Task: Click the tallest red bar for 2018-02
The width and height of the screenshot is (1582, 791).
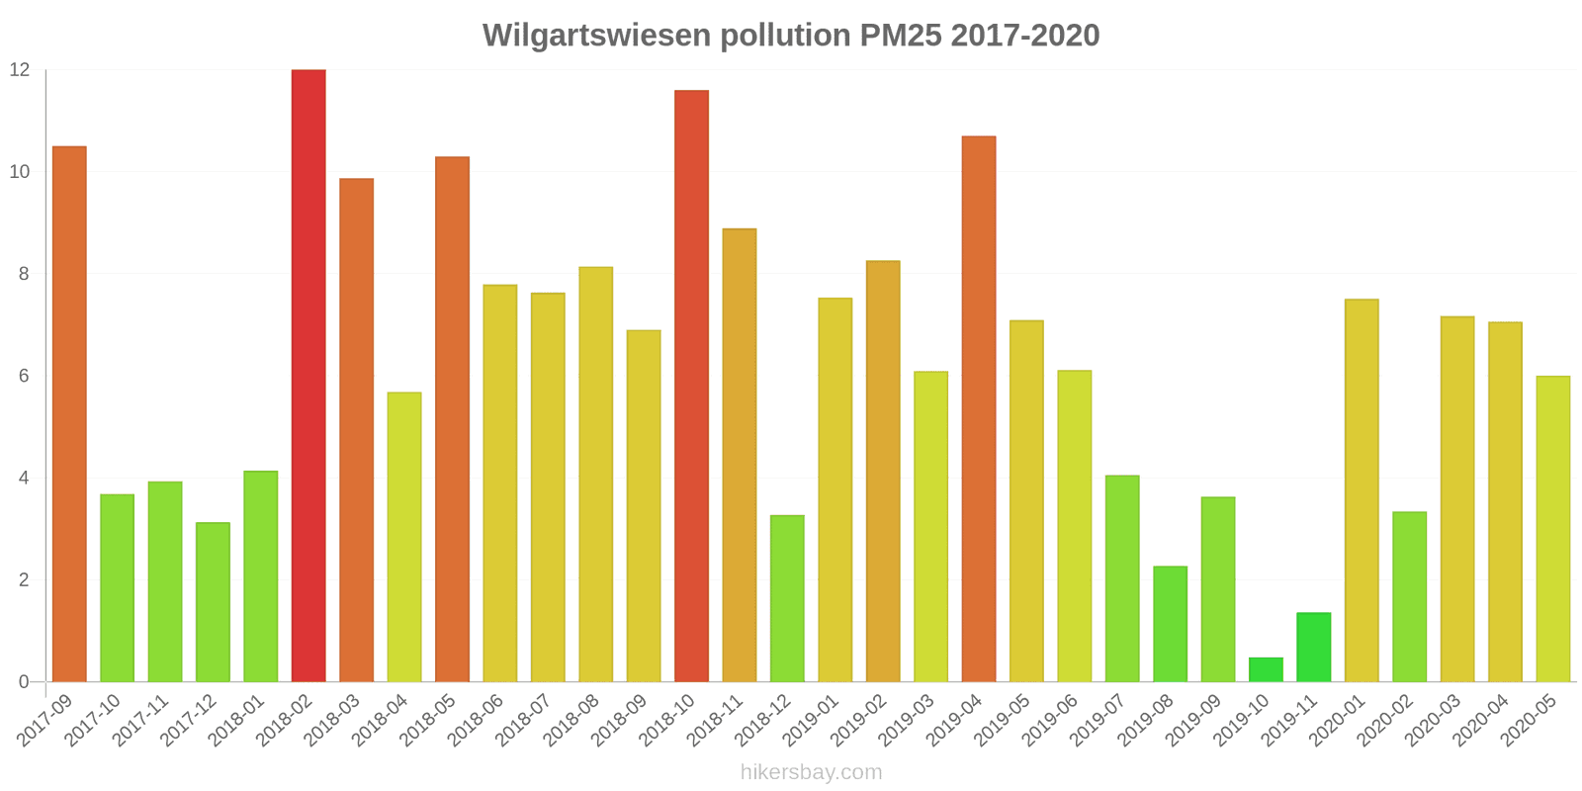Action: (x=308, y=376)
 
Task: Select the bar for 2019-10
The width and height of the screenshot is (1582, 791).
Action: (x=1266, y=670)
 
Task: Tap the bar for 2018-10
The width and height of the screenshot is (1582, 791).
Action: (x=691, y=386)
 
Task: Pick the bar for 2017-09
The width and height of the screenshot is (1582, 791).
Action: (x=69, y=414)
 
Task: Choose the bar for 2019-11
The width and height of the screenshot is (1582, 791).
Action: (x=1313, y=648)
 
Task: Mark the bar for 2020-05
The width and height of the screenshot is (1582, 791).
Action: (x=1552, y=529)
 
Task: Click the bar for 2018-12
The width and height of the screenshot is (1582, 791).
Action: (x=787, y=598)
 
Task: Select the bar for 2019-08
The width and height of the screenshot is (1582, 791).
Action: (x=1170, y=624)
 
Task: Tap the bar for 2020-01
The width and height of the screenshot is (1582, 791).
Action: (x=1362, y=490)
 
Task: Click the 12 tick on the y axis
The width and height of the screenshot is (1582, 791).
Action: (x=20, y=70)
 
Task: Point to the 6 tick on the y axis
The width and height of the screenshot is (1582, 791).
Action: (x=24, y=376)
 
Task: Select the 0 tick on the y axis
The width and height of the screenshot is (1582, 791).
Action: (x=24, y=682)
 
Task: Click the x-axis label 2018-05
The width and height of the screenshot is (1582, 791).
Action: (x=432, y=720)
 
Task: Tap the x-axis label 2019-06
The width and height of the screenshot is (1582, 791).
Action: (x=1054, y=720)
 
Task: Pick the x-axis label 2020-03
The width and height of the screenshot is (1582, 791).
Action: (x=1437, y=720)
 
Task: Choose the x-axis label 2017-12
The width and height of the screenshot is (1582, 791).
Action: (x=193, y=720)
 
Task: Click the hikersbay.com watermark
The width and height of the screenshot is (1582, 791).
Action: (x=811, y=772)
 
